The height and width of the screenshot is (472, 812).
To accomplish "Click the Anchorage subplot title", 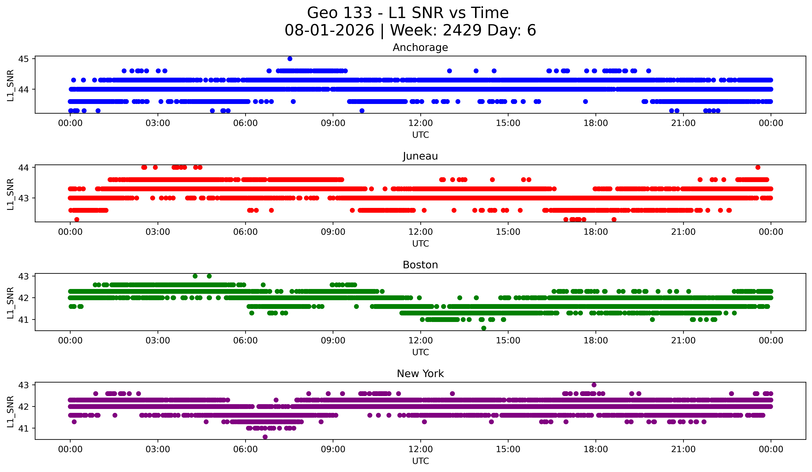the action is click(x=420, y=47).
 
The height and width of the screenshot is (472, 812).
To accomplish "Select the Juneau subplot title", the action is click(x=420, y=156).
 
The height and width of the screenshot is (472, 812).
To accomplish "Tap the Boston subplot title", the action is click(x=420, y=265).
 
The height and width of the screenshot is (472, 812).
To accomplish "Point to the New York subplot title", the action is click(x=420, y=374).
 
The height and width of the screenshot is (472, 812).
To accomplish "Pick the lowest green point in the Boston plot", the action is click(x=484, y=328).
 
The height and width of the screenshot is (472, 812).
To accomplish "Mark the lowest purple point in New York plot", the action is click(x=265, y=437).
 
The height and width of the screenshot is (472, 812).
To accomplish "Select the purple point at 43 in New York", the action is click(x=594, y=385).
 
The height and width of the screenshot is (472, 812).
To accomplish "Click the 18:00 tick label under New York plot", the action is click(x=596, y=449).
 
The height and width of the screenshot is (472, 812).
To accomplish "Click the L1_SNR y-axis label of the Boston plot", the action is click(x=10, y=303).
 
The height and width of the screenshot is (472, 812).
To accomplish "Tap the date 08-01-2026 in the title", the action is click(x=329, y=30).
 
